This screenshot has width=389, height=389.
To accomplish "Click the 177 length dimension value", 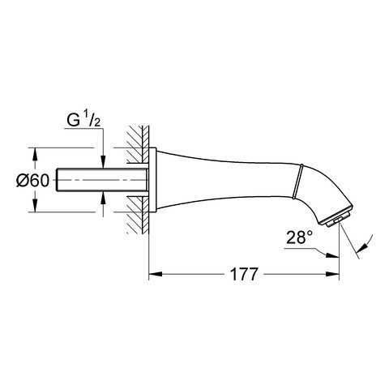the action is pos(244,275).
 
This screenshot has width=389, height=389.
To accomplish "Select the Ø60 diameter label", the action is pos(33,181).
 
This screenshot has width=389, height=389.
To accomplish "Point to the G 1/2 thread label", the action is pos(83,120).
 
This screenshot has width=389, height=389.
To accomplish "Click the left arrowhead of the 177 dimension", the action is pos(156,274).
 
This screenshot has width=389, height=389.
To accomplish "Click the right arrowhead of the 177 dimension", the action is pos(332,274).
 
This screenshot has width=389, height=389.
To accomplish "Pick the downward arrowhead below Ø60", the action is pos(35,206).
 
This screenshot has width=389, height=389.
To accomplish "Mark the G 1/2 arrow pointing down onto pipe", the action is pos(103,162).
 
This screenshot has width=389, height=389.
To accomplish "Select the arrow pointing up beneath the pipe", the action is pos(103,199).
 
